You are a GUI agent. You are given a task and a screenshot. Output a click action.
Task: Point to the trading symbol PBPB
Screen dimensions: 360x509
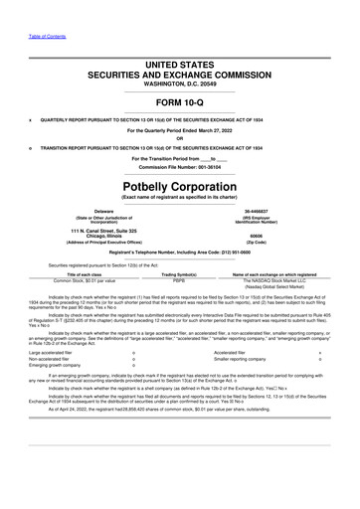click(180, 282)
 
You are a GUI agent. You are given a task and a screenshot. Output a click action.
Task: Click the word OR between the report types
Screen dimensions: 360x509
click(180, 138)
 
